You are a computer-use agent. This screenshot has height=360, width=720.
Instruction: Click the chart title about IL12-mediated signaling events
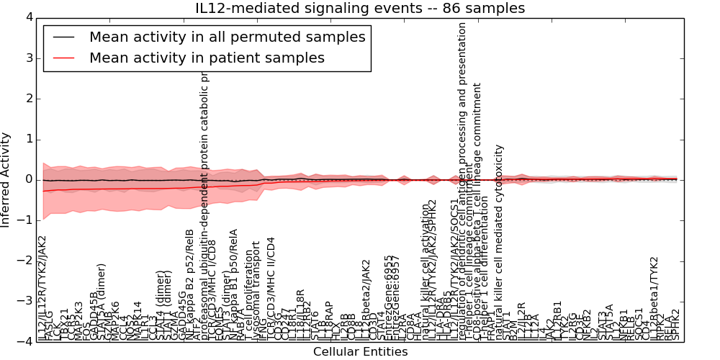[360, 8]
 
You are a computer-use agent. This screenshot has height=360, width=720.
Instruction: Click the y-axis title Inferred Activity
[6, 179]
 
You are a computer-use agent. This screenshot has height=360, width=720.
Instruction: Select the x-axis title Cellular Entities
[360, 352]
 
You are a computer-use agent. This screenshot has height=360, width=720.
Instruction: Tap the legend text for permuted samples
[227, 37]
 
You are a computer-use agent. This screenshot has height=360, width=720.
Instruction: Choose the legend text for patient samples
[207, 58]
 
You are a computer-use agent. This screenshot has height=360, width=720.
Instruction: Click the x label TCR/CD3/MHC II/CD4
[271, 288]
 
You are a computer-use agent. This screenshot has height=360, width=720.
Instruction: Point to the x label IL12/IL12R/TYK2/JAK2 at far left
[42, 288]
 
